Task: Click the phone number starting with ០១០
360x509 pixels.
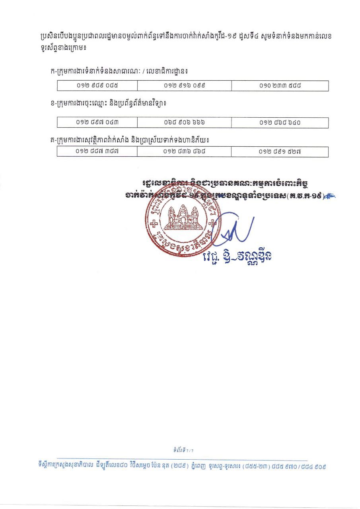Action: pos(280,85)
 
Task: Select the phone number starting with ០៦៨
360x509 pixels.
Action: pos(184,122)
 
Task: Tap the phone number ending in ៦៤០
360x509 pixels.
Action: pos(280,122)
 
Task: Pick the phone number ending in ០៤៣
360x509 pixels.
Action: pos(97,122)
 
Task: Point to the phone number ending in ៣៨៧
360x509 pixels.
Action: pos(97,152)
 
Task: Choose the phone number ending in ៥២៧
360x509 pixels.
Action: pos(280,152)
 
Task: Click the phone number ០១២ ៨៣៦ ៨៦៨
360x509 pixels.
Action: pos(184,152)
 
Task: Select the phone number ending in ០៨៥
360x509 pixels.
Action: pos(97,85)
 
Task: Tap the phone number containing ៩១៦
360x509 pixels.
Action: pos(184,85)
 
